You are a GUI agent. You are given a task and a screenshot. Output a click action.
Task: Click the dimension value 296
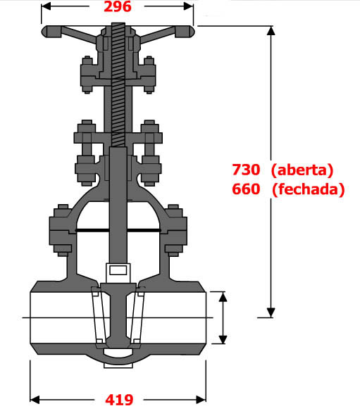tap(118, 8)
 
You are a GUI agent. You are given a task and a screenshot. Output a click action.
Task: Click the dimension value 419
tap(118, 400)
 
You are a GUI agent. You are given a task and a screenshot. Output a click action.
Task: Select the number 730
tap(247, 170)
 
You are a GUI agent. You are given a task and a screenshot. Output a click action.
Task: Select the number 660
tap(247, 189)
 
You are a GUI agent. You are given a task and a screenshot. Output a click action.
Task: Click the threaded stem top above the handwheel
tap(117, 28)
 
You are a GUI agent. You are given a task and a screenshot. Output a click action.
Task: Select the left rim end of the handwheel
tap(47, 32)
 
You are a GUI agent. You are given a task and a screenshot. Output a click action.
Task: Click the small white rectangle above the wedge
tap(117, 269)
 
